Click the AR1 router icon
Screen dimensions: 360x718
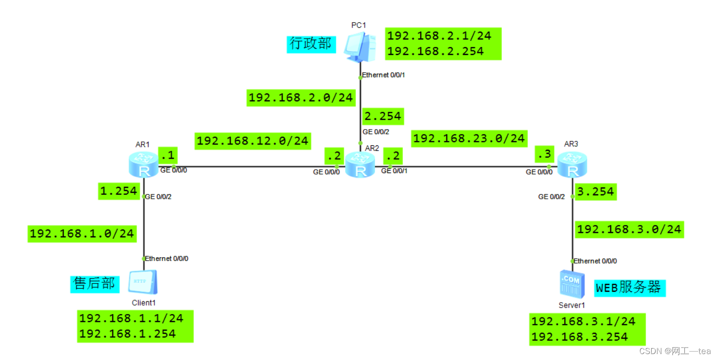143,165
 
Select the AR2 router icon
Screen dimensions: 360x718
360,165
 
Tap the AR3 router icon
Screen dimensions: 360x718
572,165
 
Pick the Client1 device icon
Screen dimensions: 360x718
143,283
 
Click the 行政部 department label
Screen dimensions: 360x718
311,44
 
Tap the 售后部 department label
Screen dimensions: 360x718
94,283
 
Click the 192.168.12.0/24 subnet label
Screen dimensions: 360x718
253,141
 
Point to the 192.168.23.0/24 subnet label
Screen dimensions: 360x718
469,138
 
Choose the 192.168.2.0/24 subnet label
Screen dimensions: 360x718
301,98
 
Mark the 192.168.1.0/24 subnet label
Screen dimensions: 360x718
82,233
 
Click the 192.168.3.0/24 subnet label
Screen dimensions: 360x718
629,229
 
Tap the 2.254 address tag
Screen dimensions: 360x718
383,117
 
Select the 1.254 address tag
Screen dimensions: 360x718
118,191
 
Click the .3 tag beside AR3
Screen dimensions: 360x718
544,155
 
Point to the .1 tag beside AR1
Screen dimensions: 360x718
168,155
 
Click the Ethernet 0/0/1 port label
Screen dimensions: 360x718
387,75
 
